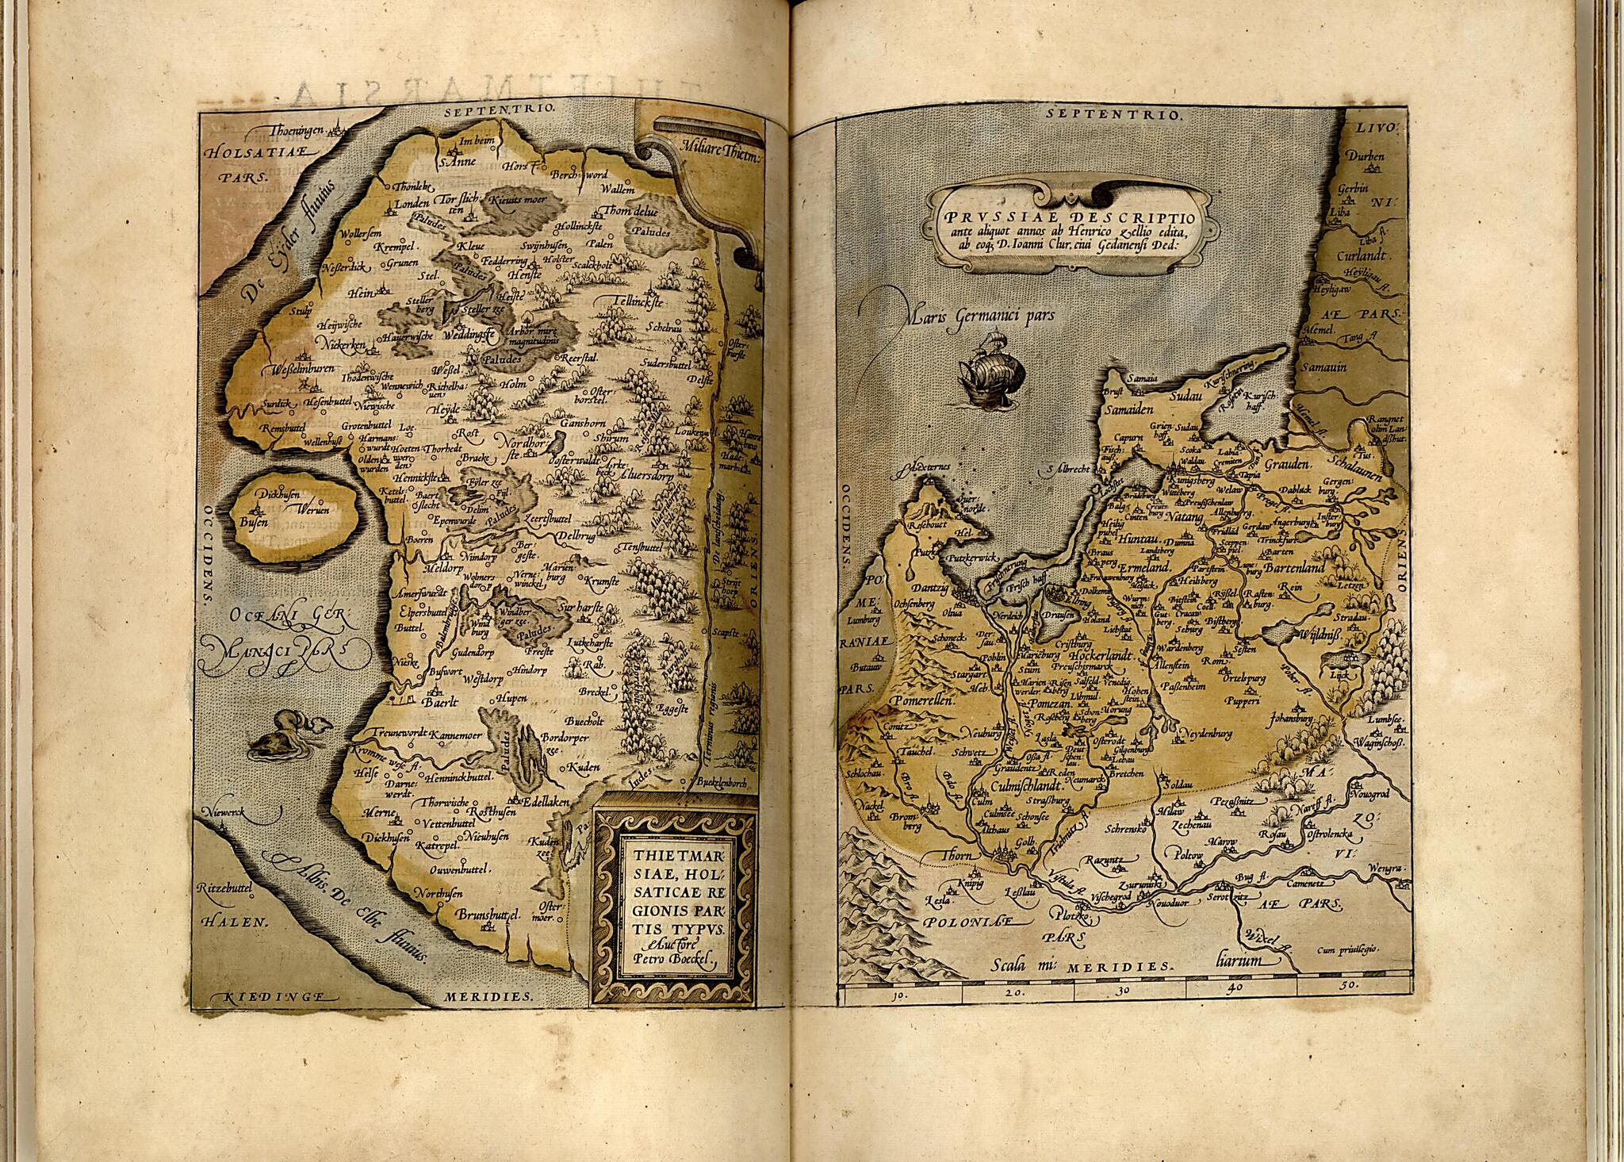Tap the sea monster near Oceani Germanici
click(285, 734)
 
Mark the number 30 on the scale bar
click(1127, 991)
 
